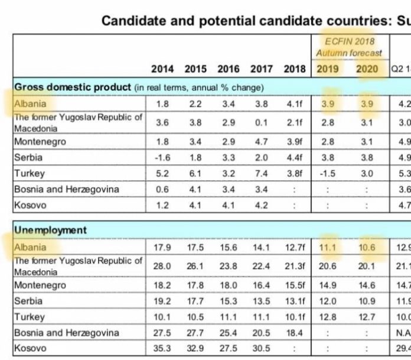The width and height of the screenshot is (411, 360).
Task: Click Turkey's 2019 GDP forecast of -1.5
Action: tap(327, 174)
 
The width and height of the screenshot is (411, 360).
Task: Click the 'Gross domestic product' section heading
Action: tap(72, 87)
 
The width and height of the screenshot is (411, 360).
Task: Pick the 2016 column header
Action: tap(229, 69)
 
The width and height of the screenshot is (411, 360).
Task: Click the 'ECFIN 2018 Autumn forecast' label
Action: tap(349, 47)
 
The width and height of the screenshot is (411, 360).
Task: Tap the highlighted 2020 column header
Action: tap(367, 69)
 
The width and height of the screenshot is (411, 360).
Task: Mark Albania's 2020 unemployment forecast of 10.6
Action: tap(367, 248)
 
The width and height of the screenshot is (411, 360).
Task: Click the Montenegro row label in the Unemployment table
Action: tap(40, 285)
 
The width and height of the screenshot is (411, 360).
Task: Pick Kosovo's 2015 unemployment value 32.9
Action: tap(195, 349)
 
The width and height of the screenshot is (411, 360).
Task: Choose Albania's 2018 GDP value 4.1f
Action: tap(295, 104)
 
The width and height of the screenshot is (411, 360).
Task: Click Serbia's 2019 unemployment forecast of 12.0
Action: tap(327, 301)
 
